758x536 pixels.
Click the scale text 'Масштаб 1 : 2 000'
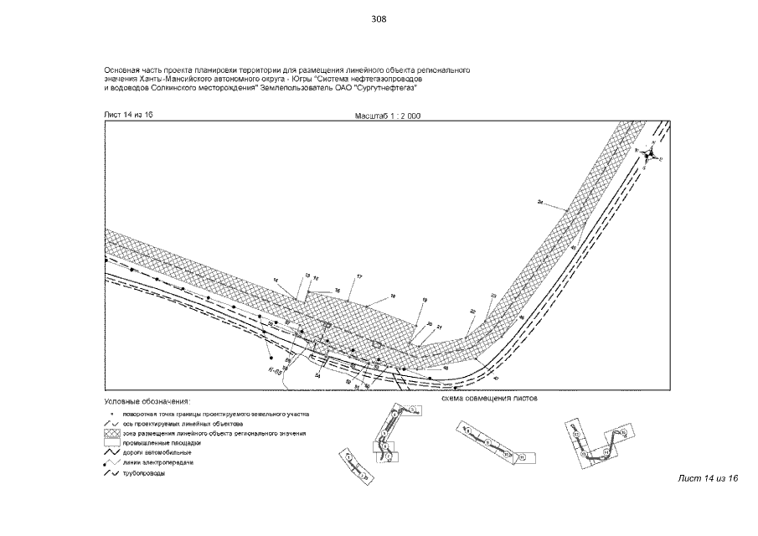(x=388, y=116)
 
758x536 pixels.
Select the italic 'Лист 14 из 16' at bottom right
(x=708, y=477)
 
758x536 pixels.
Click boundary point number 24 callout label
(x=540, y=203)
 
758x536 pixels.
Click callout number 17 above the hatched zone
(x=359, y=276)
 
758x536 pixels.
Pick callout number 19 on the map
(x=425, y=300)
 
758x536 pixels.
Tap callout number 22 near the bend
(x=472, y=311)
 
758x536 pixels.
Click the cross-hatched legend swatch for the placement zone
(x=111, y=433)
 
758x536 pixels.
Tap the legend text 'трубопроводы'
(x=143, y=474)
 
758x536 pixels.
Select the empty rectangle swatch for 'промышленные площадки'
(x=111, y=443)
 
